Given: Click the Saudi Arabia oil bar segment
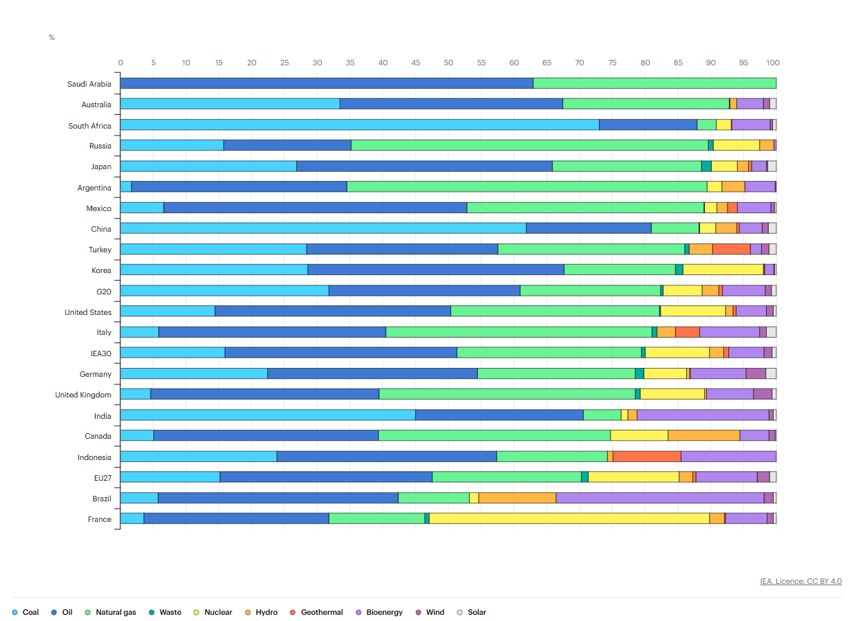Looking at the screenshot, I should pyautogui.click(x=327, y=83).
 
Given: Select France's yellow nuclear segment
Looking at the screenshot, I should pyautogui.click(x=569, y=519).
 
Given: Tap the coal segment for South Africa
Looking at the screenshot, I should pyautogui.click(x=359, y=124).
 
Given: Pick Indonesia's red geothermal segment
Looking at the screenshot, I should pyautogui.click(x=646, y=457).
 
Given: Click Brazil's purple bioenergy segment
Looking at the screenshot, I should pyautogui.click(x=659, y=498).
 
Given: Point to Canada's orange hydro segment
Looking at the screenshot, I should pyautogui.click(x=703, y=435).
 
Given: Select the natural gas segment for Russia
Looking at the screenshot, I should pyautogui.click(x=529, y=145).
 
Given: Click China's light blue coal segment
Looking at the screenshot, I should pyautogui.click(x=323, y=228).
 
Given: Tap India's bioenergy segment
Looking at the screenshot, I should pyautogui.click(x=703, y=415).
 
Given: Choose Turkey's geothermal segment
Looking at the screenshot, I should pyautogui.click(x=731, y=249).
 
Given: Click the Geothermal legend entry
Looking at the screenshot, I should pyautogui.click(x=321, y=612).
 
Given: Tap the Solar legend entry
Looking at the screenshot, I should pyautogui.click(x=477, y=612).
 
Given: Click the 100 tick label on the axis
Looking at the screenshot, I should pyautogui.click(x=773, y=63).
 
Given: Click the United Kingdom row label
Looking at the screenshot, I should pyautogui.click(x=83, y=395).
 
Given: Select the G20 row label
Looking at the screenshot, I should pyautogui.click(x=103, y=292).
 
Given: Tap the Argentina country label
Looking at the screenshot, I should pyautogui.click(x=94, y=188).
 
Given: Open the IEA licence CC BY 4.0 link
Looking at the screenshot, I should pyautogui.click(x=800, y=581).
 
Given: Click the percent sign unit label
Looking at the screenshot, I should pyautogui.click(x=52, y=37).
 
